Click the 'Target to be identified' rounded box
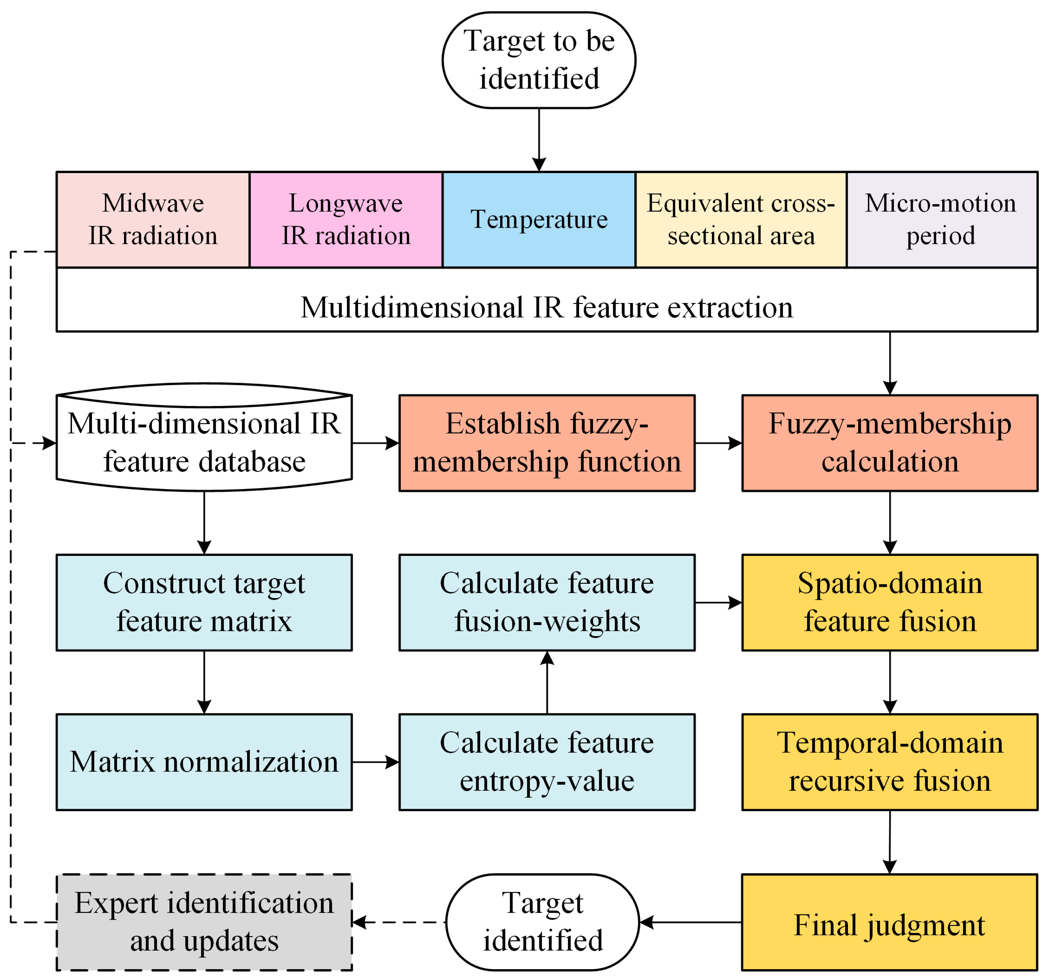coord(539,60)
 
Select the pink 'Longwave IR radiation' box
coord(346,219)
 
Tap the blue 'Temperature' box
coord(539,219)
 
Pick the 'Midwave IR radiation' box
coord(153,219)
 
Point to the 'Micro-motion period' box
coord(942,219)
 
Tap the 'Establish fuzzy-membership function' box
coord(547,443)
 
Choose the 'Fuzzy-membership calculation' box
coord(890,443)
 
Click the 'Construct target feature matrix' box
coord(204,602)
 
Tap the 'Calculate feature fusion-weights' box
coord(547,602)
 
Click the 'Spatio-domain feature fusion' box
coord(890,602)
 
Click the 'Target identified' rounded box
coord(542,922)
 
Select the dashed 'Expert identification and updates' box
coord(204,922)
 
